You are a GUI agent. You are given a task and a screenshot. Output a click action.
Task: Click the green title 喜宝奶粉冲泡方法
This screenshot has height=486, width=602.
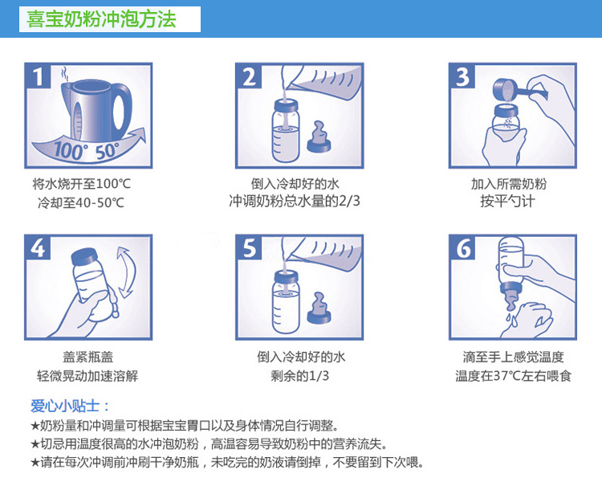tap(101, 19)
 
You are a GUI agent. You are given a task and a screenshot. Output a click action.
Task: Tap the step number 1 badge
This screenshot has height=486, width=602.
tap(38, 76)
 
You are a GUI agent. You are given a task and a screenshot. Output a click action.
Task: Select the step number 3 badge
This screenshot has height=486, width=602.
tap(462, 76)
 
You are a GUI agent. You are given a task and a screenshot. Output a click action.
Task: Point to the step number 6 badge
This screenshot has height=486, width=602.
tap(462, 247)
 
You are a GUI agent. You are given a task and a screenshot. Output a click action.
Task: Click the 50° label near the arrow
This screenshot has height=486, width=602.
tap(108, 150)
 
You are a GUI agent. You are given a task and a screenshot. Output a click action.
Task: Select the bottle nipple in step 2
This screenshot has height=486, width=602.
tap(319, 137)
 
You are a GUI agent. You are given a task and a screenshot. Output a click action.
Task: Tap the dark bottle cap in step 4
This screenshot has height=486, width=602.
tap(83, 256)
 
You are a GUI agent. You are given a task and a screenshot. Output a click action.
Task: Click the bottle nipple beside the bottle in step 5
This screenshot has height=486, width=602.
tap(319, 308)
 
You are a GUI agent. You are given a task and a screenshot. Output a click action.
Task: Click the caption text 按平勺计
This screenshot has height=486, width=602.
tap(507, 202)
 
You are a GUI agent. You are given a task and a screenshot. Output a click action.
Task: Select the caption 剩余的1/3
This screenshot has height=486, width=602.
tap(300, 376)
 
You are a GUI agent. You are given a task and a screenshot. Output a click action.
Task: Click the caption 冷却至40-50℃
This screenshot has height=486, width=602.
tap(81, 202)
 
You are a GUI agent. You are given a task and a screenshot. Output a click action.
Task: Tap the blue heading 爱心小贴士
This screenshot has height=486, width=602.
tap(70, 406)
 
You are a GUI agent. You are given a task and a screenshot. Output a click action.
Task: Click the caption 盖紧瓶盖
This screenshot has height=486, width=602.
tap(88, 357)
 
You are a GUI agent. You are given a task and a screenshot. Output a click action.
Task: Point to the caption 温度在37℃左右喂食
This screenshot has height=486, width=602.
tap(514, 376)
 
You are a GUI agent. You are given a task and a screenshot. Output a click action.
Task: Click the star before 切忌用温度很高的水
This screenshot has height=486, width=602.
tap(35, 444)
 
